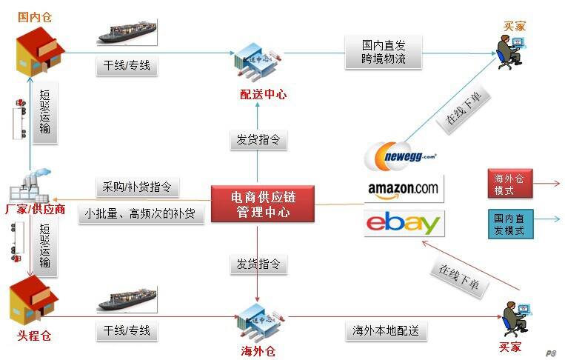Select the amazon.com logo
point(404,189)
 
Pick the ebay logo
point(404,223)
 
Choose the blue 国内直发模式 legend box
point(510,224)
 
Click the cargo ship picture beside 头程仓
point(127,299)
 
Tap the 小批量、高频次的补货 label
point(140,214)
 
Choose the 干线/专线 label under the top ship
point(127,66)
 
